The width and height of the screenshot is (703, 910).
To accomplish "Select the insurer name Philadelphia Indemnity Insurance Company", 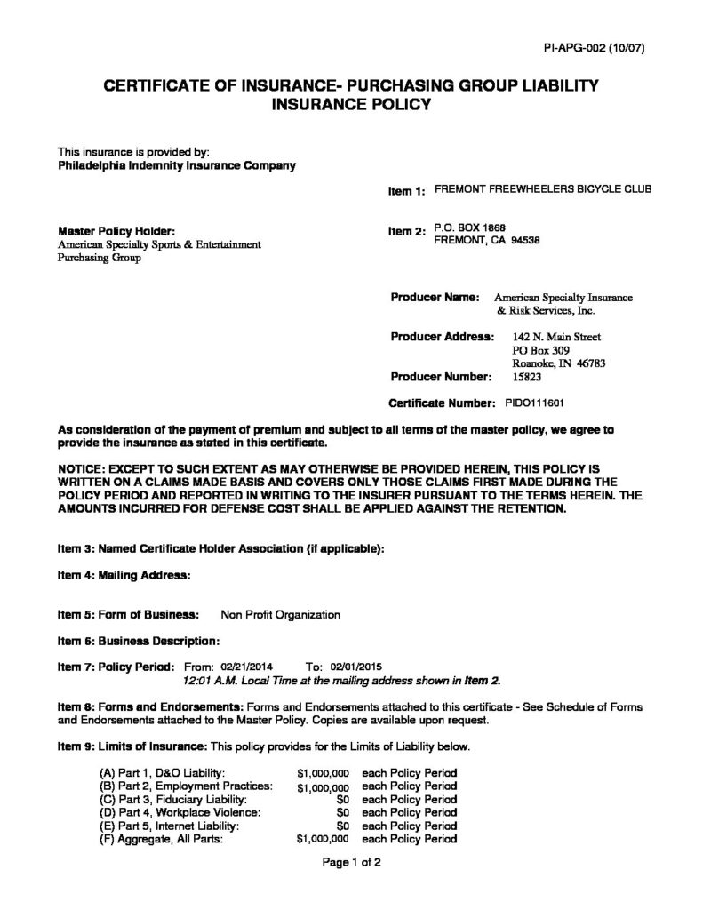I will pyautogui.click(x=176, y=164).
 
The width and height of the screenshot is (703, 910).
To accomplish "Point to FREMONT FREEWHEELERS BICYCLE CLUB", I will pyautogui.click(x=542, y=189).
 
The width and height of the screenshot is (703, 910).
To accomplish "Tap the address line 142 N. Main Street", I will pyautogui.click(x=557, y=338).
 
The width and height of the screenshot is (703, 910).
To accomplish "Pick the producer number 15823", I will pyautogui.click(x=529, y=377).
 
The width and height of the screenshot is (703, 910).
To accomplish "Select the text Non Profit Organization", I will pyautogui.click(x=280, y=614).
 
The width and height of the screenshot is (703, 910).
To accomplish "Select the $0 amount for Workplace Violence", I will pyautogui.click(x=343, y=811).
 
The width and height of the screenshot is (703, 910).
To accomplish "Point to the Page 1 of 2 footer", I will pyautogui.click(x=351, y=862).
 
